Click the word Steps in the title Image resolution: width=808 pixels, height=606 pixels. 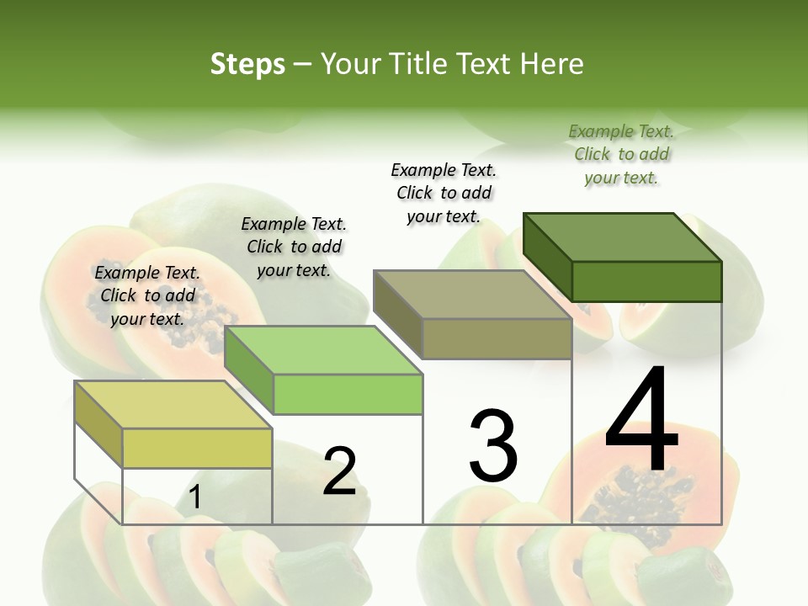tap(247, 64)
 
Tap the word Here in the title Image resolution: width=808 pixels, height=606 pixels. tap(551, 64)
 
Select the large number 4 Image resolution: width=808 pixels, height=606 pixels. tap(641, 421)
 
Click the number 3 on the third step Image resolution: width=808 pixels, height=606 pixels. tap(493, 446)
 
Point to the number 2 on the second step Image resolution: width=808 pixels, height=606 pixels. tap(339, 471)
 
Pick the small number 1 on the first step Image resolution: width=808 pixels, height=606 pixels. tap(195, 497)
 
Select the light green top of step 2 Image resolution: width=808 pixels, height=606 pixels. tap(324, 350)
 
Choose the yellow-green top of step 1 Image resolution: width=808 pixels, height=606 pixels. tap(173, 405)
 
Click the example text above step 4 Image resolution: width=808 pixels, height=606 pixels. tap(621, 155)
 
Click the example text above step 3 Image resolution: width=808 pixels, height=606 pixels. tap(444, 193)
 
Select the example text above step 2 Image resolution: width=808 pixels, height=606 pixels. tap(294, 247)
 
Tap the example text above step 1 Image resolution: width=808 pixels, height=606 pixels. tap(147, 295)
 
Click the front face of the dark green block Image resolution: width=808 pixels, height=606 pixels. tap(646, 281)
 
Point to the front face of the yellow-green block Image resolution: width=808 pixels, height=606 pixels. tap(197, 448)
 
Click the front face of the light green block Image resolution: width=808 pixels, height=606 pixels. tap(348, 394)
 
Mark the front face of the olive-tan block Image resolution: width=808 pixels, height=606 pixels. tap(497, 338)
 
